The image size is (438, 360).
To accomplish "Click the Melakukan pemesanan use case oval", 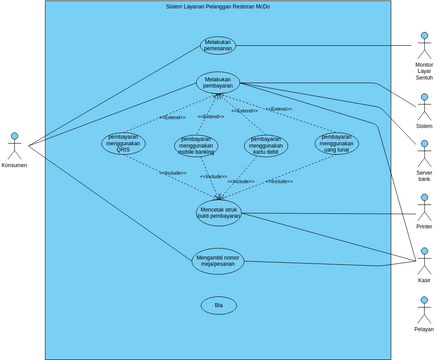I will pyautogui.click(x=218, y=46).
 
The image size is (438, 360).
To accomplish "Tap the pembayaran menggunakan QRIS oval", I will pyautogui.click(x=123, y=143).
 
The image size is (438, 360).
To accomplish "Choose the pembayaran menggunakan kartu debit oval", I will pyautogui.click(x=266, y=146).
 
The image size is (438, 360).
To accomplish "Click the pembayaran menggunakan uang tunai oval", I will pyautogui.click(x=337, y=143).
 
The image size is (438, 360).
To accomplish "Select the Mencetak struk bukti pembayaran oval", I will pyautogui.click(x=218, y=211).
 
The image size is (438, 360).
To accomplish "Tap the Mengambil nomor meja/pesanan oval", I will pyautogui.click(x=218, y=260).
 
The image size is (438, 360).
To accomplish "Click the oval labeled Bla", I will pyautogui.click(x=218, y=305).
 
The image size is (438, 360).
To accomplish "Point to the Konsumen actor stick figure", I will pyautogui.click(x=14, y=145).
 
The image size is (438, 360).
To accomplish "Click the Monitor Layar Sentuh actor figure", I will pyautogui.click(x=424, y=45).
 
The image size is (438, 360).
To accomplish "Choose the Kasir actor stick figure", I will pyautogui.click(x=424, y=260).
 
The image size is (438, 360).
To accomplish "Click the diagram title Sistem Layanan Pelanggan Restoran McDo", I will pyautogui.click(x=218, y=7).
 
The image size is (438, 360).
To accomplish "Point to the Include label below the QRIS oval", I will pyautogui.click(x=174, y=173).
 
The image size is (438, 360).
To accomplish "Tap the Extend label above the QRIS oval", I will pyautogui.click(x=172, y=117).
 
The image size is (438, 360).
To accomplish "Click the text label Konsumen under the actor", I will pyautogui.click(x=14, y=165).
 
